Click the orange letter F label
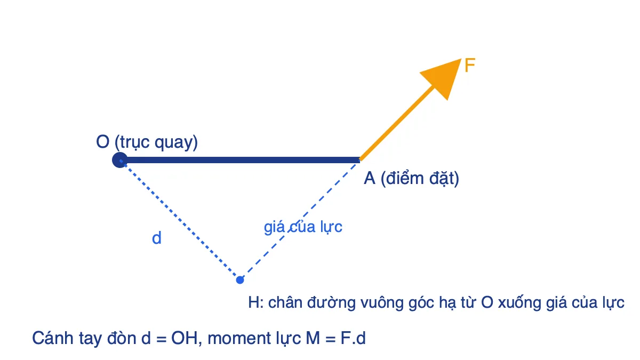(470, 65)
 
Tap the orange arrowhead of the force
(444, 77)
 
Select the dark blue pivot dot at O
(119, 160)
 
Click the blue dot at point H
(240, 280)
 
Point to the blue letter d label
(157, 238)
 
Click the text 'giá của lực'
(303, 227)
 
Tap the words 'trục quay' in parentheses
(156, 142)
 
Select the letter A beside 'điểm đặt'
(369, 178)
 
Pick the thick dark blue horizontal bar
(240, 160)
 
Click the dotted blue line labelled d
(180, 220)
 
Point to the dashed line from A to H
(300, 220)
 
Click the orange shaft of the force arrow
(397, 123)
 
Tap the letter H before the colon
(254, 302)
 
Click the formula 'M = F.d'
(335, 338)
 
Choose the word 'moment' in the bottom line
(239, 339)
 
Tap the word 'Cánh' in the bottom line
(53, 338)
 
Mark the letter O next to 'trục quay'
(102, 142)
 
